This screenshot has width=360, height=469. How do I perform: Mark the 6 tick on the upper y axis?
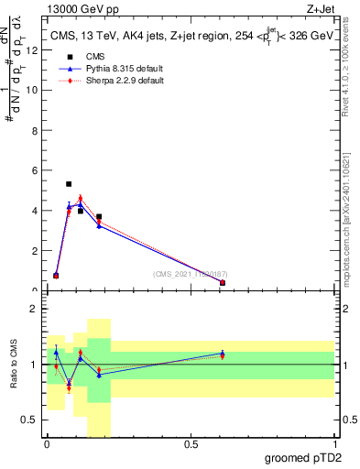tap(36, 170)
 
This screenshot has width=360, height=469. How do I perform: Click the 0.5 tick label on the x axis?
tap(191, 444)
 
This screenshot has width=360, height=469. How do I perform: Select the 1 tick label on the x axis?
tap(333, 444)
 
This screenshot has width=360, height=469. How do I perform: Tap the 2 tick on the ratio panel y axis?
tap(36, 309)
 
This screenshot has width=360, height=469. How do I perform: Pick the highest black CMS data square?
tap(69, 184)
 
